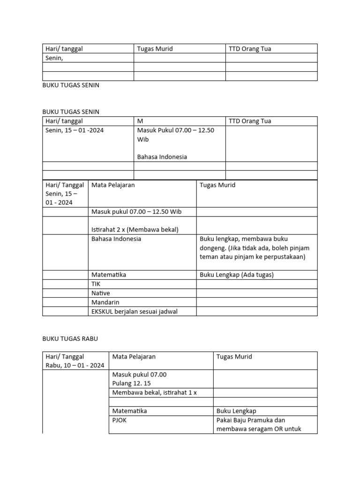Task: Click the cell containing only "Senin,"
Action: [88, 58]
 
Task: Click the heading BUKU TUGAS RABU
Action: [70, 338]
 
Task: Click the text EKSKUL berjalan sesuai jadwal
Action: [135, 312]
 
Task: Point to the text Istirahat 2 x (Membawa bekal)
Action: [135, 230]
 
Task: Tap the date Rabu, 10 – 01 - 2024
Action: [75, 366]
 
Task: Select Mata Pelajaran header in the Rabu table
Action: [134, 357]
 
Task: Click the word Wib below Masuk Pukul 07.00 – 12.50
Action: [142, 140]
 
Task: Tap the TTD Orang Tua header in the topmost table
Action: [250, 49]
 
